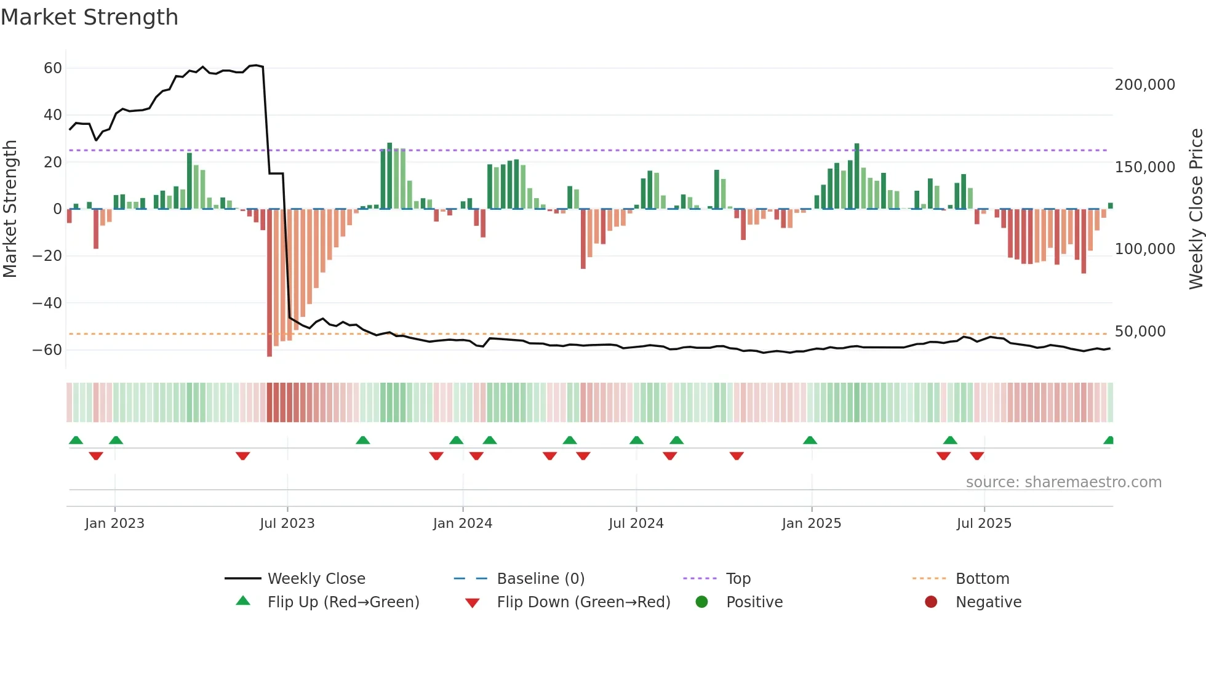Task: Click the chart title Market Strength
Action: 89,17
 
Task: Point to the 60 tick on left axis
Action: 53,68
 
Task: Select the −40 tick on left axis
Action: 47,303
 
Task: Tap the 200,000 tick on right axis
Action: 1144,85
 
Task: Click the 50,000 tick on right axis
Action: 1140,332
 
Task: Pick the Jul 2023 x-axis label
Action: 287,524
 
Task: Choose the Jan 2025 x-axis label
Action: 811,524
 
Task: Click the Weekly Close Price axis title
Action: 1196,209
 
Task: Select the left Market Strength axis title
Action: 10,209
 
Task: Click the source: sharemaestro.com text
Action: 1063,482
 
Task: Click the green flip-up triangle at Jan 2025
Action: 810,441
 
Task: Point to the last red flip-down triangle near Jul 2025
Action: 976,456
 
